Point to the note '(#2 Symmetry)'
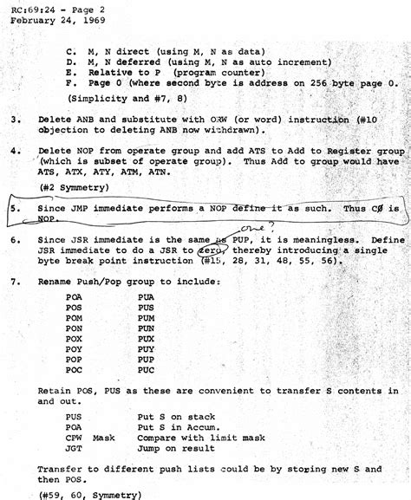pyautogui.click(x=70, y=186)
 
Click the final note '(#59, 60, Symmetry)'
pyautogui.click(x=89, y=495)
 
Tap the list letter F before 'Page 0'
pyautogui.click(x=68, y=83)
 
